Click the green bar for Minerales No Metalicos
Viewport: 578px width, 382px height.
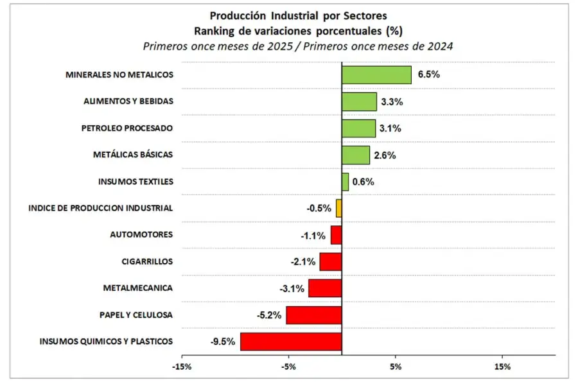click(x=376, y=74)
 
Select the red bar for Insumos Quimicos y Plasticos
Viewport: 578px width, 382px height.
click(x=291, y=342)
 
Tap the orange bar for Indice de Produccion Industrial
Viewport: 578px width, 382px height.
click(x=339, y=208)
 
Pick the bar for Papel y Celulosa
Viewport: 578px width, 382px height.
click(x=314, y=315)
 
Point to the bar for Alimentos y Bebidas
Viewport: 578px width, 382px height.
click(x=359, y=101)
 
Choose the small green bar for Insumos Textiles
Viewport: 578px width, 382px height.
click(x=345, y=182)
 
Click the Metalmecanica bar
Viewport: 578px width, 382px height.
click(x=325, y=288)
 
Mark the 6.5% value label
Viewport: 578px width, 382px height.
click(x=428, y=74)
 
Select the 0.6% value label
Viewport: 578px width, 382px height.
click(x=363, y=182)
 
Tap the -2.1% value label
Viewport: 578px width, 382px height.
click(x=302, y=262)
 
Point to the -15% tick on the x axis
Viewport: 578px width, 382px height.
click(x=182, y=367)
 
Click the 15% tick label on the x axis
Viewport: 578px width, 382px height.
click(x=503, y=367)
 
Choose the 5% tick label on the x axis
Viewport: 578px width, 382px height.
click(x=396, y=367)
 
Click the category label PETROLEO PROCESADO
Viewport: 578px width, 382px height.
click(x=127, y=128)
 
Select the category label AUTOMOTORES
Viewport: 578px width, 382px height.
click(x=141, y=235)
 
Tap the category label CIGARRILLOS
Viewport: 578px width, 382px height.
click(x=147, y=262)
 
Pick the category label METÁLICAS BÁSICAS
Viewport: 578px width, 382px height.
click(x=133, y=155)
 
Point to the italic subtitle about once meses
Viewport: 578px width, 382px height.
click(x=299, y=46)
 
